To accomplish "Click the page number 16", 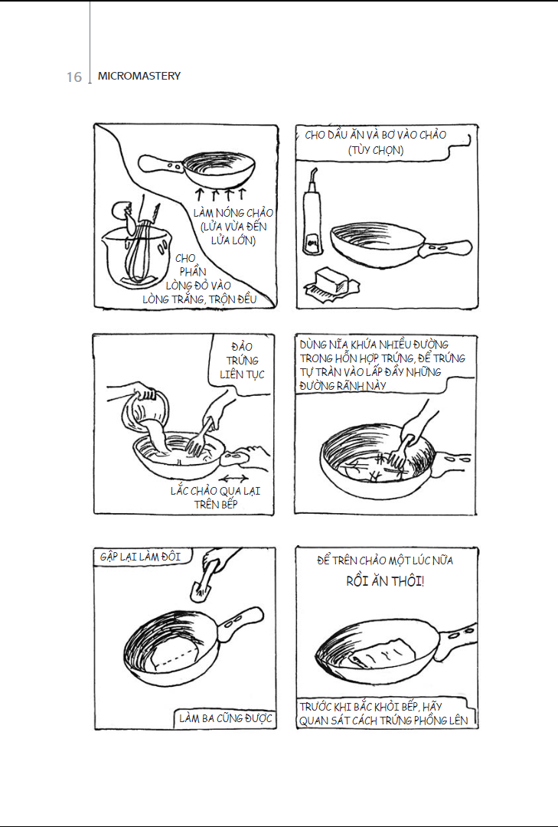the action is pos(74,77).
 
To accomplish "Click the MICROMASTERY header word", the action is pos(139,76).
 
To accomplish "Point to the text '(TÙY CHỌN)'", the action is pos(376,150).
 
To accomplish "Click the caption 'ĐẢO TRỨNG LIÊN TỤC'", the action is pos(242,360).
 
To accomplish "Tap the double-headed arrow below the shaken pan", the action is pos(233,479).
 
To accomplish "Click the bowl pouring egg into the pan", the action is pos(145,411).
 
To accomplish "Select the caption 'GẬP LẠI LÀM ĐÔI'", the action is pos(140,557).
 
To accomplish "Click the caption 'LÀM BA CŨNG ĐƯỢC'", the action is pos(225,718).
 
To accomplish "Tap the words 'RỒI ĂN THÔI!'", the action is pos(385,581).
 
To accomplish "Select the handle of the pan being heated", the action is pos(161,164).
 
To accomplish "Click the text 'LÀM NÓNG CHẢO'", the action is pos(233,213).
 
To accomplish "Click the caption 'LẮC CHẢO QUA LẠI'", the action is pos(215,491).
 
